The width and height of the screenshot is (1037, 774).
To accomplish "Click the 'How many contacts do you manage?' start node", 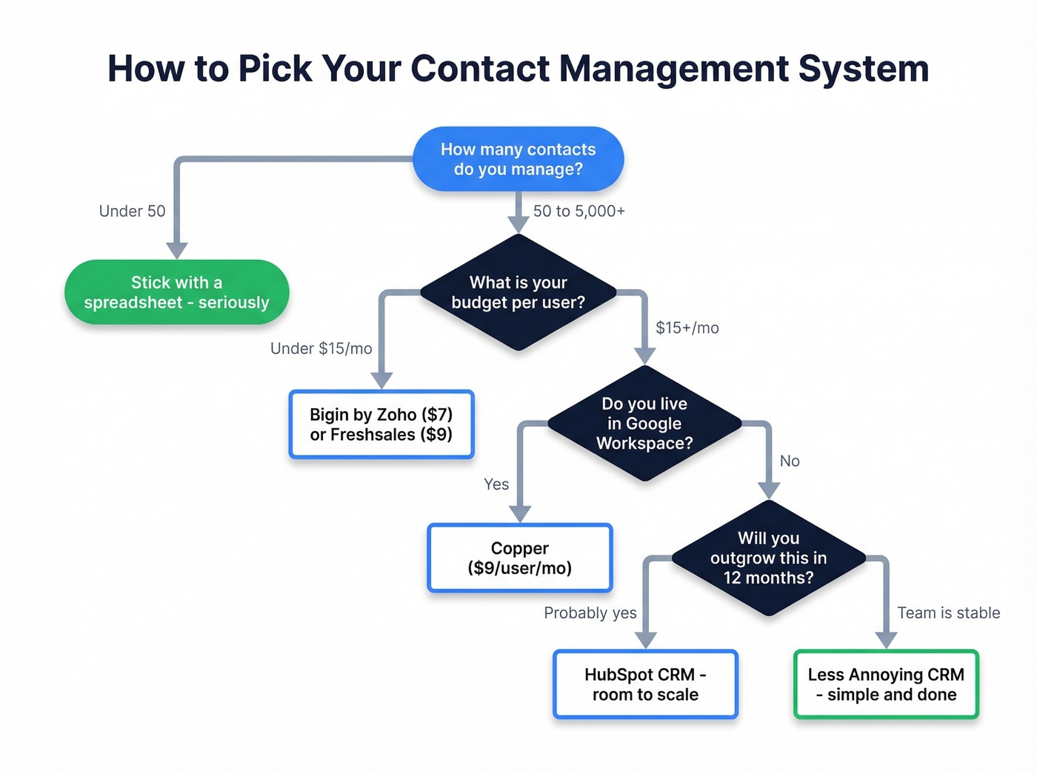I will [x=518, y=159].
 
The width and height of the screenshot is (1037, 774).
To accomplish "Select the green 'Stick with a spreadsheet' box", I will [x=176, y=293].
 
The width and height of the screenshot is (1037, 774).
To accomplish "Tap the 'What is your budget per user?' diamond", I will [x=518, y=293].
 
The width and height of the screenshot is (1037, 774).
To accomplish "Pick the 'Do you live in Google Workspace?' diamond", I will [x=644, y=424].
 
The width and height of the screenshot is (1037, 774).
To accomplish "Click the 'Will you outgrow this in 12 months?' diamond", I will [x=768, y=558].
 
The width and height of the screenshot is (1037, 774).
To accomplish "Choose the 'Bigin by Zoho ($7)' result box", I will [x=381, y=424].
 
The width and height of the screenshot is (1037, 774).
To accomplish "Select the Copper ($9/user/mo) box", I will [x=519, y=558].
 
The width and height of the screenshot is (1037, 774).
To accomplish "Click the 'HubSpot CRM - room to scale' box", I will [x=645, y=684].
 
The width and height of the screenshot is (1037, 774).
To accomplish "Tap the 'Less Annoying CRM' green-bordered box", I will [x=886, y=684].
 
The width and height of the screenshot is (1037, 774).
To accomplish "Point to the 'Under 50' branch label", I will [x=132, y=211].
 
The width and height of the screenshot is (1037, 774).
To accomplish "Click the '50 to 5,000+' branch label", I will [x=578, y=211].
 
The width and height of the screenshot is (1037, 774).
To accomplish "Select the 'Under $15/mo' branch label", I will [x=321, y=348].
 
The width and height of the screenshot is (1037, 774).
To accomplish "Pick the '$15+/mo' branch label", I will [x=687, y=327].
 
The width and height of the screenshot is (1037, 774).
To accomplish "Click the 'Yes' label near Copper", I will [x=496, y=484].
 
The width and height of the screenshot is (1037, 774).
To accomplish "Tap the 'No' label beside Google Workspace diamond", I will [x=789, y=461].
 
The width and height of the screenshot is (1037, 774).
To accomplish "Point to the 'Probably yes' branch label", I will [x=590, y=613].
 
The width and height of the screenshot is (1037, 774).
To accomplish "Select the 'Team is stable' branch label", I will [x=948, y=613].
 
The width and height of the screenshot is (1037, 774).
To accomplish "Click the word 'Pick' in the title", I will [x=276, y=69].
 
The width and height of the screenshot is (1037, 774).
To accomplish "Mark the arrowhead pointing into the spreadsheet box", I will [x=176, y=250].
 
